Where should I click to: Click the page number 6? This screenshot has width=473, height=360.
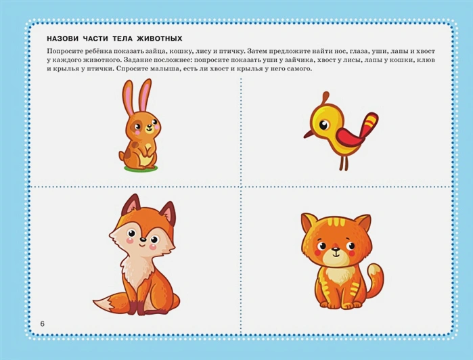pos(42,323)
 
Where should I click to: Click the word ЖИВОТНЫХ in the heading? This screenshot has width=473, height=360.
pos(159,39)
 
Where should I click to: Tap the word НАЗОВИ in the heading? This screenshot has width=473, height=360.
pos(62,39)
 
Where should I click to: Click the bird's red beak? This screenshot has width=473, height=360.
pos(309,134)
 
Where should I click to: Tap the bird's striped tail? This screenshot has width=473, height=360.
pos(370,124)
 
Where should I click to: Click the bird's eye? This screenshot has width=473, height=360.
pos(323,125)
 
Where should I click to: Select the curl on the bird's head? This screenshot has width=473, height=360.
pos(325,98)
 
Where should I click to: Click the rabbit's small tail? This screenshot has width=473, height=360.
pos(122,156)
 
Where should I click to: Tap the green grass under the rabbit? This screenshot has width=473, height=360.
pos(141,168)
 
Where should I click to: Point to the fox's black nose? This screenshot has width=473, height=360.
pos(143,240)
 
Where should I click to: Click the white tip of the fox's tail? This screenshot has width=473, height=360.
pos(103,302)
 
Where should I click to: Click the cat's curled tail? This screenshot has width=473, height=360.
pos(376,279)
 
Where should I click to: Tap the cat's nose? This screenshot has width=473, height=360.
pos(335,250)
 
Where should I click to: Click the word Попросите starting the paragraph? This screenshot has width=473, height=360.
pos(62,51)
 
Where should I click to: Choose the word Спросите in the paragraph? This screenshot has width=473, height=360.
pos(130,68)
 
